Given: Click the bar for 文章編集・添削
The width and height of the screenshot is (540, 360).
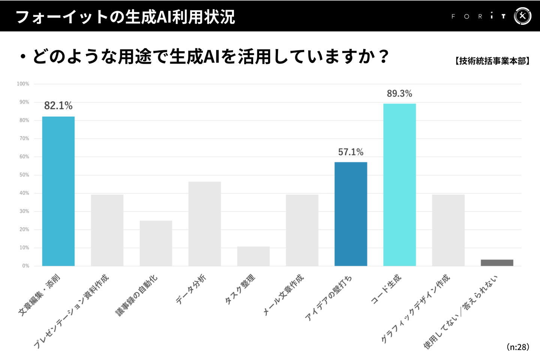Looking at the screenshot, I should click(58, 191).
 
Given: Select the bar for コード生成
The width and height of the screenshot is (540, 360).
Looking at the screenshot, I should click(399, 184).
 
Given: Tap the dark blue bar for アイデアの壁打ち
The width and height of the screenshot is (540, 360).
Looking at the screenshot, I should click(351, 214).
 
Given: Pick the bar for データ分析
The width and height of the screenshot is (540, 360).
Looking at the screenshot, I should click(204, 224).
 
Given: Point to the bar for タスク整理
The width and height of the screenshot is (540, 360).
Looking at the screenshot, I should click(253, 256).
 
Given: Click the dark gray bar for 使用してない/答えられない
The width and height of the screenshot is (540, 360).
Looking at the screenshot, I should click(497, 262).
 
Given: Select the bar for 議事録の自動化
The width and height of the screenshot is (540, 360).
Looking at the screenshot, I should click(156, 243).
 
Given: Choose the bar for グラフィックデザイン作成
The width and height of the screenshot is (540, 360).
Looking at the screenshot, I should click(448, 230).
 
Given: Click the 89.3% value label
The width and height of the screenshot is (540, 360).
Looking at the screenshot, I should click(399, 93).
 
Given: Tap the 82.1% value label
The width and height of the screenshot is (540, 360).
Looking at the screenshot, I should click(58, 106).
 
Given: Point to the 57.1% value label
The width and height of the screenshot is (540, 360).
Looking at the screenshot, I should click(351, 152).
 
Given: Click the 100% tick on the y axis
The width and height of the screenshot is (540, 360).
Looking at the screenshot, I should click(23, 84).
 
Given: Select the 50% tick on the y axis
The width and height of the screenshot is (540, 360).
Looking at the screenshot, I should click(24, 175).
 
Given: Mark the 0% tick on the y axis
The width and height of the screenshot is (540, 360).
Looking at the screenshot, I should click(25, 266).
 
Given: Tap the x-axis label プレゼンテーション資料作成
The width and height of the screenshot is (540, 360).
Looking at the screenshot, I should click(71, 311).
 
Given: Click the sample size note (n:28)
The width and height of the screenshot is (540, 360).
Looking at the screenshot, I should click(517, 347).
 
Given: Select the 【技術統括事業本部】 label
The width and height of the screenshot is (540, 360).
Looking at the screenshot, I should click(492, 61).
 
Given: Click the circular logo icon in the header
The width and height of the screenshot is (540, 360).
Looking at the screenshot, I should click(522, 16).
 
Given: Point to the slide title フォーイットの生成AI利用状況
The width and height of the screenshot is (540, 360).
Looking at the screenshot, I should click(125, 17).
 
